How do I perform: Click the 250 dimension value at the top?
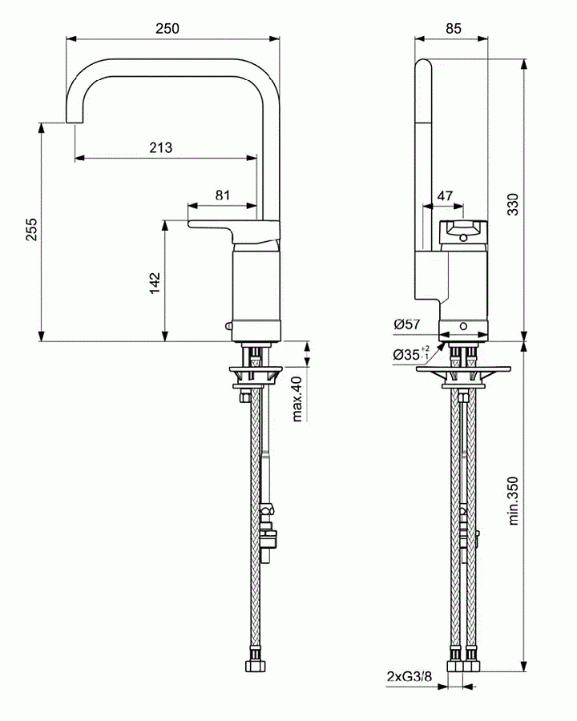[x=167, y=28]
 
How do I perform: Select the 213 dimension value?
[x=160, y=147]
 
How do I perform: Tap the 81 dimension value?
[x=222, y=195]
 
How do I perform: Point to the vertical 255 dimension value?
[x=30, y=231]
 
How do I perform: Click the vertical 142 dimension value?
[x=155, y=283]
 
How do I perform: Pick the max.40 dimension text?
[x=297, y=397]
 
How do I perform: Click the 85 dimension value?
[x=452, y=28]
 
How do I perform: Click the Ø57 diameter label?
[x=407, y=324]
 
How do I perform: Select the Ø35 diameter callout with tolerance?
[x=411, y=353]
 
